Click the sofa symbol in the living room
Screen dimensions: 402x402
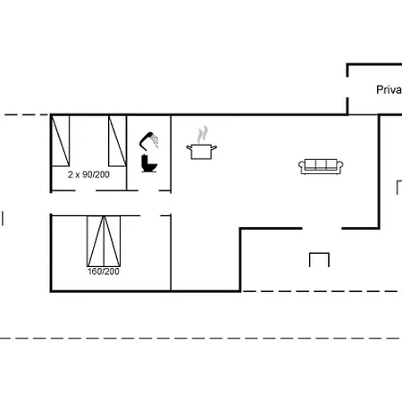(x=320, y=165)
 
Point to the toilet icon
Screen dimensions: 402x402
(x=148, y=164)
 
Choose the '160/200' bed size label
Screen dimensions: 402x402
(x=103, y=271)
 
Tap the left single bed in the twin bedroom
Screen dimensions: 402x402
(x=61, y=140)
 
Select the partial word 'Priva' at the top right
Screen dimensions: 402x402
(x=389, y=89)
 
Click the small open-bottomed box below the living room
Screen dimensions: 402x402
(x=320, y=259)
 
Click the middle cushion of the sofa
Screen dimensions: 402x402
(x=320, y=164)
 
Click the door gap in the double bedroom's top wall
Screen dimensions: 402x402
(x=154, y=214)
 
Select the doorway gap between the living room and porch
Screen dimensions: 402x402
(x=322, y=228)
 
